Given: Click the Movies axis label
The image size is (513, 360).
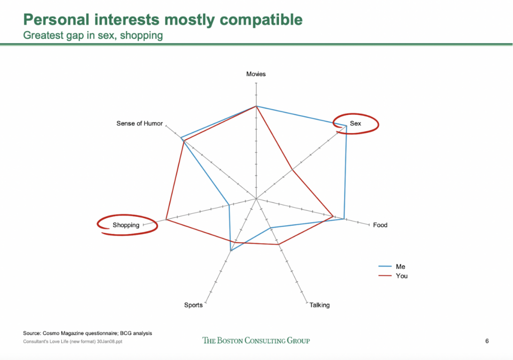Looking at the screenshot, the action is point(256,74).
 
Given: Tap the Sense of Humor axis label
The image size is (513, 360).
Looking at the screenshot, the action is point(139,123).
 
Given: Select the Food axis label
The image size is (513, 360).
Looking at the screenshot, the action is point(380,225).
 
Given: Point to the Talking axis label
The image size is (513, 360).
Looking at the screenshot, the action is point(320,305).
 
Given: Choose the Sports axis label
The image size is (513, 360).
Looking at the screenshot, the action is point(193,305).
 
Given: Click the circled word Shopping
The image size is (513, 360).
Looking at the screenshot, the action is point(126,225).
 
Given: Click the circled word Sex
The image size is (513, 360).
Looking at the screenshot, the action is point(355,123).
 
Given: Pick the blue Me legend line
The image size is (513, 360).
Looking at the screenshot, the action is point(385,266).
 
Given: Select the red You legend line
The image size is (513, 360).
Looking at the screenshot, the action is point(385,276).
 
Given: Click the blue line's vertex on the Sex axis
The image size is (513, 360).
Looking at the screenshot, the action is point(346,126).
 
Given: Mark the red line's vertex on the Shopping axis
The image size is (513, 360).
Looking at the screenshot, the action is point(166,219).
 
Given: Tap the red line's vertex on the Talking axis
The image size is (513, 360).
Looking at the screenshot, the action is point(279,244).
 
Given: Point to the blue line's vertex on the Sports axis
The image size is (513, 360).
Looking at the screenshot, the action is point(231,250).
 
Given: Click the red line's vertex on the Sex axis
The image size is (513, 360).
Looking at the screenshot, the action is point(292,169).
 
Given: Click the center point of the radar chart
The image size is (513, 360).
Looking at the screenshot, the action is point(256,198).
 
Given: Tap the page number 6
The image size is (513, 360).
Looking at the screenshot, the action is point(487,341).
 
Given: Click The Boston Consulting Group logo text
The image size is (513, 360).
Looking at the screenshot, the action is point(256,340).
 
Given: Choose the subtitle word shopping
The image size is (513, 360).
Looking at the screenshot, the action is point(141,36).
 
